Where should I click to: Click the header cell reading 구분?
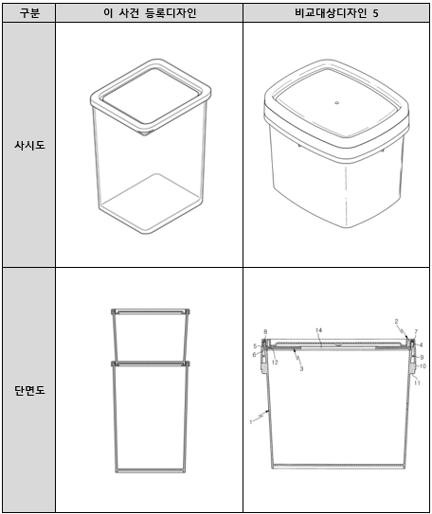(x=29, y=13)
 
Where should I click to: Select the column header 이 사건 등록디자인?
(x=150, y=13)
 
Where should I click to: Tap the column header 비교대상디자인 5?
(x=336, y=13)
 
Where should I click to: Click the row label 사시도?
(x=29, y=145)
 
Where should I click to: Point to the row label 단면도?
(x=29, y=390)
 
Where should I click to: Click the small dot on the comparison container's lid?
(x=336, y=103)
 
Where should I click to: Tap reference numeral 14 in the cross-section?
(x=319, y=330)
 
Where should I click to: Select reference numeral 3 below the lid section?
(x=301, y=369)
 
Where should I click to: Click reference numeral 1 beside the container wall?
(x=251, y=422)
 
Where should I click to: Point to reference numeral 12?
(x=275, y=363)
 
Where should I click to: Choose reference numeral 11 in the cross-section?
(x=417, y=382)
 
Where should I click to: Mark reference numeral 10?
(x=423, y=365)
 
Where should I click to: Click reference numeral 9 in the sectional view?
(x=422, y=357)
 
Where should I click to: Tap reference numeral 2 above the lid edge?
(x=396, y=321)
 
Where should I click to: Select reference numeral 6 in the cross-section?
(x=254, y=355)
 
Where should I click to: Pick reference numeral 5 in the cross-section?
(x=255, y=346)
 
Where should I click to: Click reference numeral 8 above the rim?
(x=265, y=332)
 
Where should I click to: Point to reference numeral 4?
(x=422, y=345)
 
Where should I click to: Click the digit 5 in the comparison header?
(x=375, y=13)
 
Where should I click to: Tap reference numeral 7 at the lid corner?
(x=416, y=331)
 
